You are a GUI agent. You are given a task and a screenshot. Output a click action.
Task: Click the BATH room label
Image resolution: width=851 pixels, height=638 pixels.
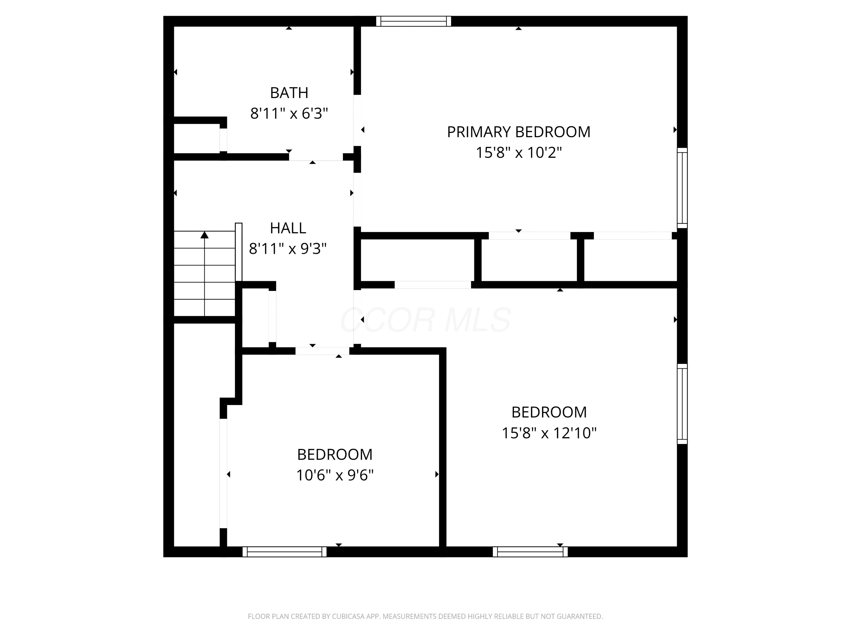click(x=289, y=93)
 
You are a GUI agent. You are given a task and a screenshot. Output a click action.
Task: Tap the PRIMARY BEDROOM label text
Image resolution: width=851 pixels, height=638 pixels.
click(x=519, y=132)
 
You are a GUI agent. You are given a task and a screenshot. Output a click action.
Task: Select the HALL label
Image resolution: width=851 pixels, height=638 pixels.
click(x=288, y=228)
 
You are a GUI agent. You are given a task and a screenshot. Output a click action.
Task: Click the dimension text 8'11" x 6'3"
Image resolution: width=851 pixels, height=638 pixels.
click(x=289, y=113)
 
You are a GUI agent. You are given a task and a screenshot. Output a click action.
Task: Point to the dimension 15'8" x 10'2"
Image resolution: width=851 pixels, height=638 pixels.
click(x=519, y=153)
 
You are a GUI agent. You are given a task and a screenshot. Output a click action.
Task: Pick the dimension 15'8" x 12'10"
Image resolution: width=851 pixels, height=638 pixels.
click(x=549, y=433)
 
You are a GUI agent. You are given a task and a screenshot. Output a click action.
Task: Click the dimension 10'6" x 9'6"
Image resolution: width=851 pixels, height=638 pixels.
click(x=335, y=475)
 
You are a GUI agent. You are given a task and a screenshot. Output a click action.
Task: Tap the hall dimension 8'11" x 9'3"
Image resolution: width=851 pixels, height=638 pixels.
click(x=288, y=249)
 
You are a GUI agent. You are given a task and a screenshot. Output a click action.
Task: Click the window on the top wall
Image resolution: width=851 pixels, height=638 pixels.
click(x=414, y=21)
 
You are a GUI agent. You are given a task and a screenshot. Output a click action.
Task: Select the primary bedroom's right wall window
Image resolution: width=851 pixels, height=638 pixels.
click(x=682, y=188)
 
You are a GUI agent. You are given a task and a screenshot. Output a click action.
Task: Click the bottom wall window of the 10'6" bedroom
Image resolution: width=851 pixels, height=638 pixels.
click(x=285, y=552)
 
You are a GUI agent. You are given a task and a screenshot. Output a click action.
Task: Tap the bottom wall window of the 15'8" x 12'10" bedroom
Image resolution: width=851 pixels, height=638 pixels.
click(x=530, y=552)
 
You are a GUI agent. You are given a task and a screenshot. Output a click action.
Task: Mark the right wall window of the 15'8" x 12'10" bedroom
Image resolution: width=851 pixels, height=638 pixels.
click(x=682, y=404)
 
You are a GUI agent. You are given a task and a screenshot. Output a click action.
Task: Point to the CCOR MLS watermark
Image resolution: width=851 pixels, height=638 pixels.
click(x=425, y=320)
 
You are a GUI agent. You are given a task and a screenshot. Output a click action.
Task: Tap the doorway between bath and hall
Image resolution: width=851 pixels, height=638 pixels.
click(x=316, y=157)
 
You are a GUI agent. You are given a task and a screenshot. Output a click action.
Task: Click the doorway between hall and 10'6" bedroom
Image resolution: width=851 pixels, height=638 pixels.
click(x=323, y=351)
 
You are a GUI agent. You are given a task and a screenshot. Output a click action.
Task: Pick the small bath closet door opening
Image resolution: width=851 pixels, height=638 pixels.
click(x=223, y=140)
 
